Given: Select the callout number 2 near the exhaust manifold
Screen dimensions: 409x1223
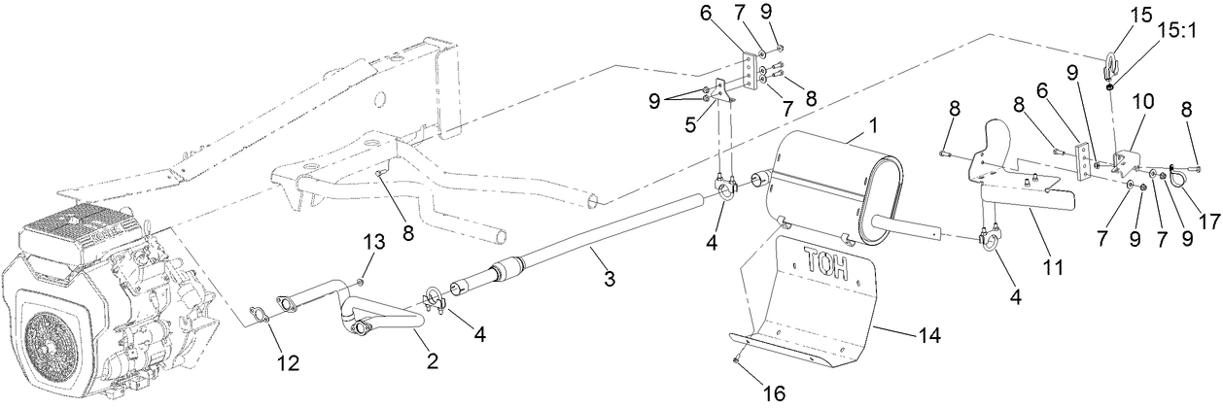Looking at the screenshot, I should click(433, 361).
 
